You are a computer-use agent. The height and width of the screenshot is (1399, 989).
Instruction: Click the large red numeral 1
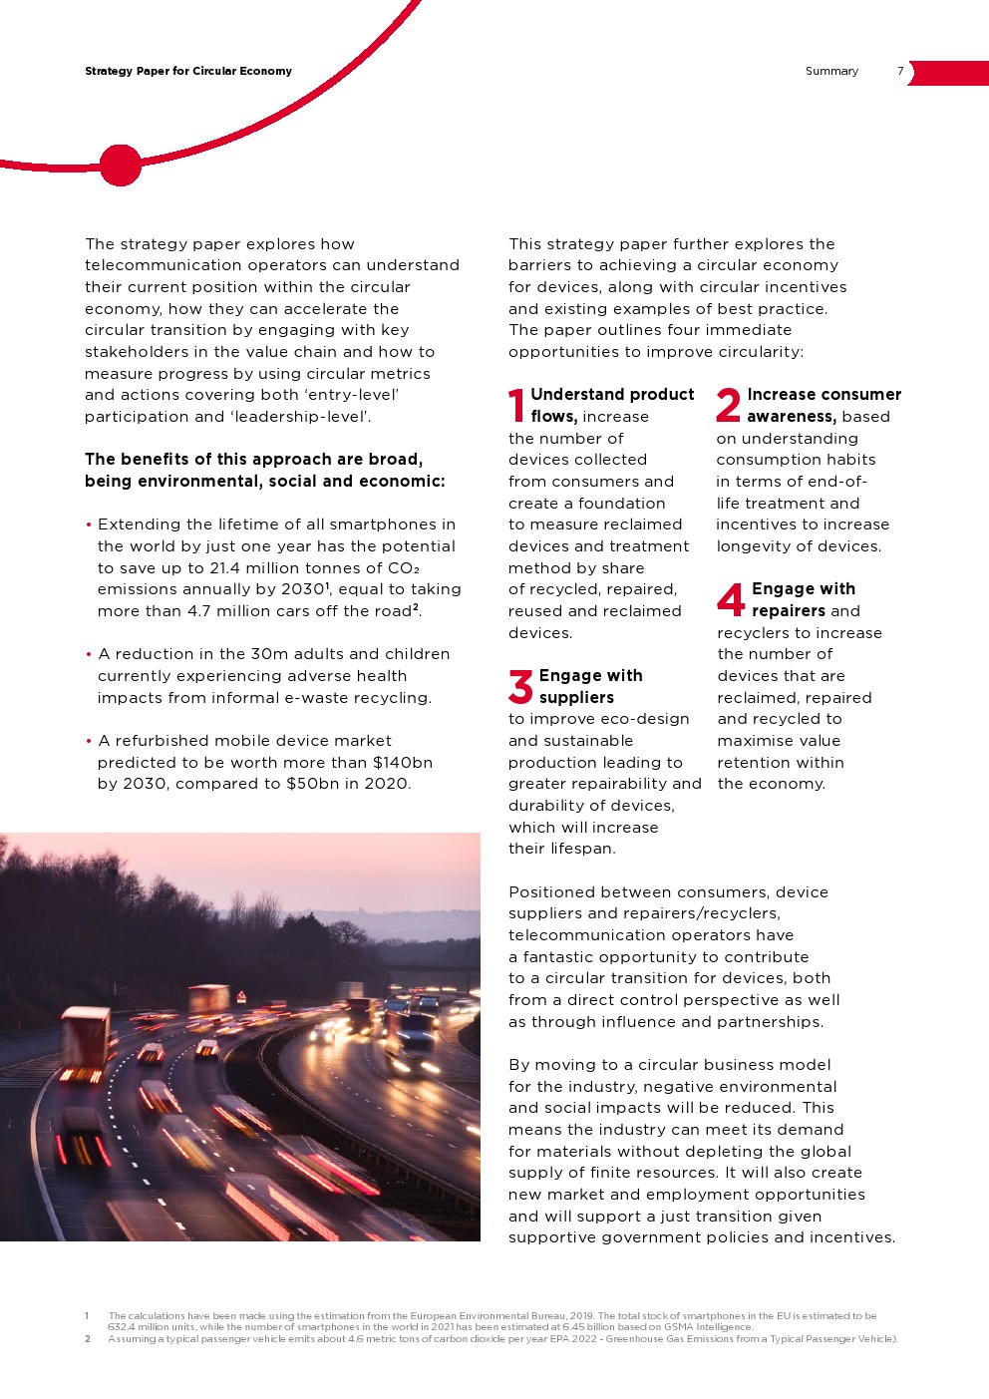point(516,406)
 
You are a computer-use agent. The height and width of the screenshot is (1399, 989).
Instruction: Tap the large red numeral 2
point(729,406)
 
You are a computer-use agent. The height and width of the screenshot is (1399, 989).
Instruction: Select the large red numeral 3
point(520,686)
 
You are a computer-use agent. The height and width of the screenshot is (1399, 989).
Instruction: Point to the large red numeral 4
point(731,599)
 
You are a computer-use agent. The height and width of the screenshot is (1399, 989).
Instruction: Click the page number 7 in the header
point(900,72)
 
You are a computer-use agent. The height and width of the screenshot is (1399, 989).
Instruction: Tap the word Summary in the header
point(831,72)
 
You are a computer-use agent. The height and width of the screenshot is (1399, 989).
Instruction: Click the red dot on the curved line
point(121,166)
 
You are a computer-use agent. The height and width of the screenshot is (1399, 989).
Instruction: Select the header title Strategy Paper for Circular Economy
point(188,72)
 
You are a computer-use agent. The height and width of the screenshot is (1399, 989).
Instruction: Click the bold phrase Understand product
point(612,395)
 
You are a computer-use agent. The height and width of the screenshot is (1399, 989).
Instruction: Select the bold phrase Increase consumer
point(824,395)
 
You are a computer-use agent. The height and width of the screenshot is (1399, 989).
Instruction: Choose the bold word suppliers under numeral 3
point(576,698)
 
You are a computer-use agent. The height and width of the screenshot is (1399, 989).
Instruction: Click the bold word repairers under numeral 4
point(789,611)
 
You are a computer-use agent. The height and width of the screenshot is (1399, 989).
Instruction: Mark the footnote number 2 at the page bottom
point(88,1339)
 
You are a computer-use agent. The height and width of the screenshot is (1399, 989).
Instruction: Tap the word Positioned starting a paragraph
point(553,892)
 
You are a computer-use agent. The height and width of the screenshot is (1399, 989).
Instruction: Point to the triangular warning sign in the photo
point(241,996)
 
